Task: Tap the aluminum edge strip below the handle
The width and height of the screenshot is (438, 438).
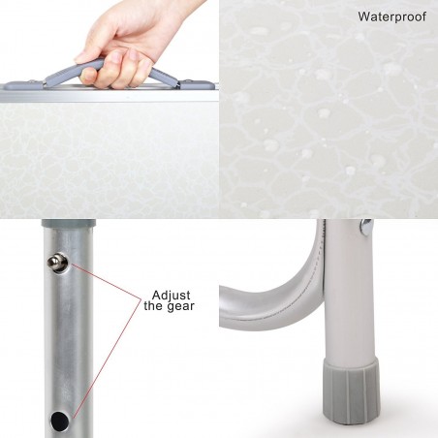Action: (107, 95)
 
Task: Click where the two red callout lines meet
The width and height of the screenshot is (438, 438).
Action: (135, 301)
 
